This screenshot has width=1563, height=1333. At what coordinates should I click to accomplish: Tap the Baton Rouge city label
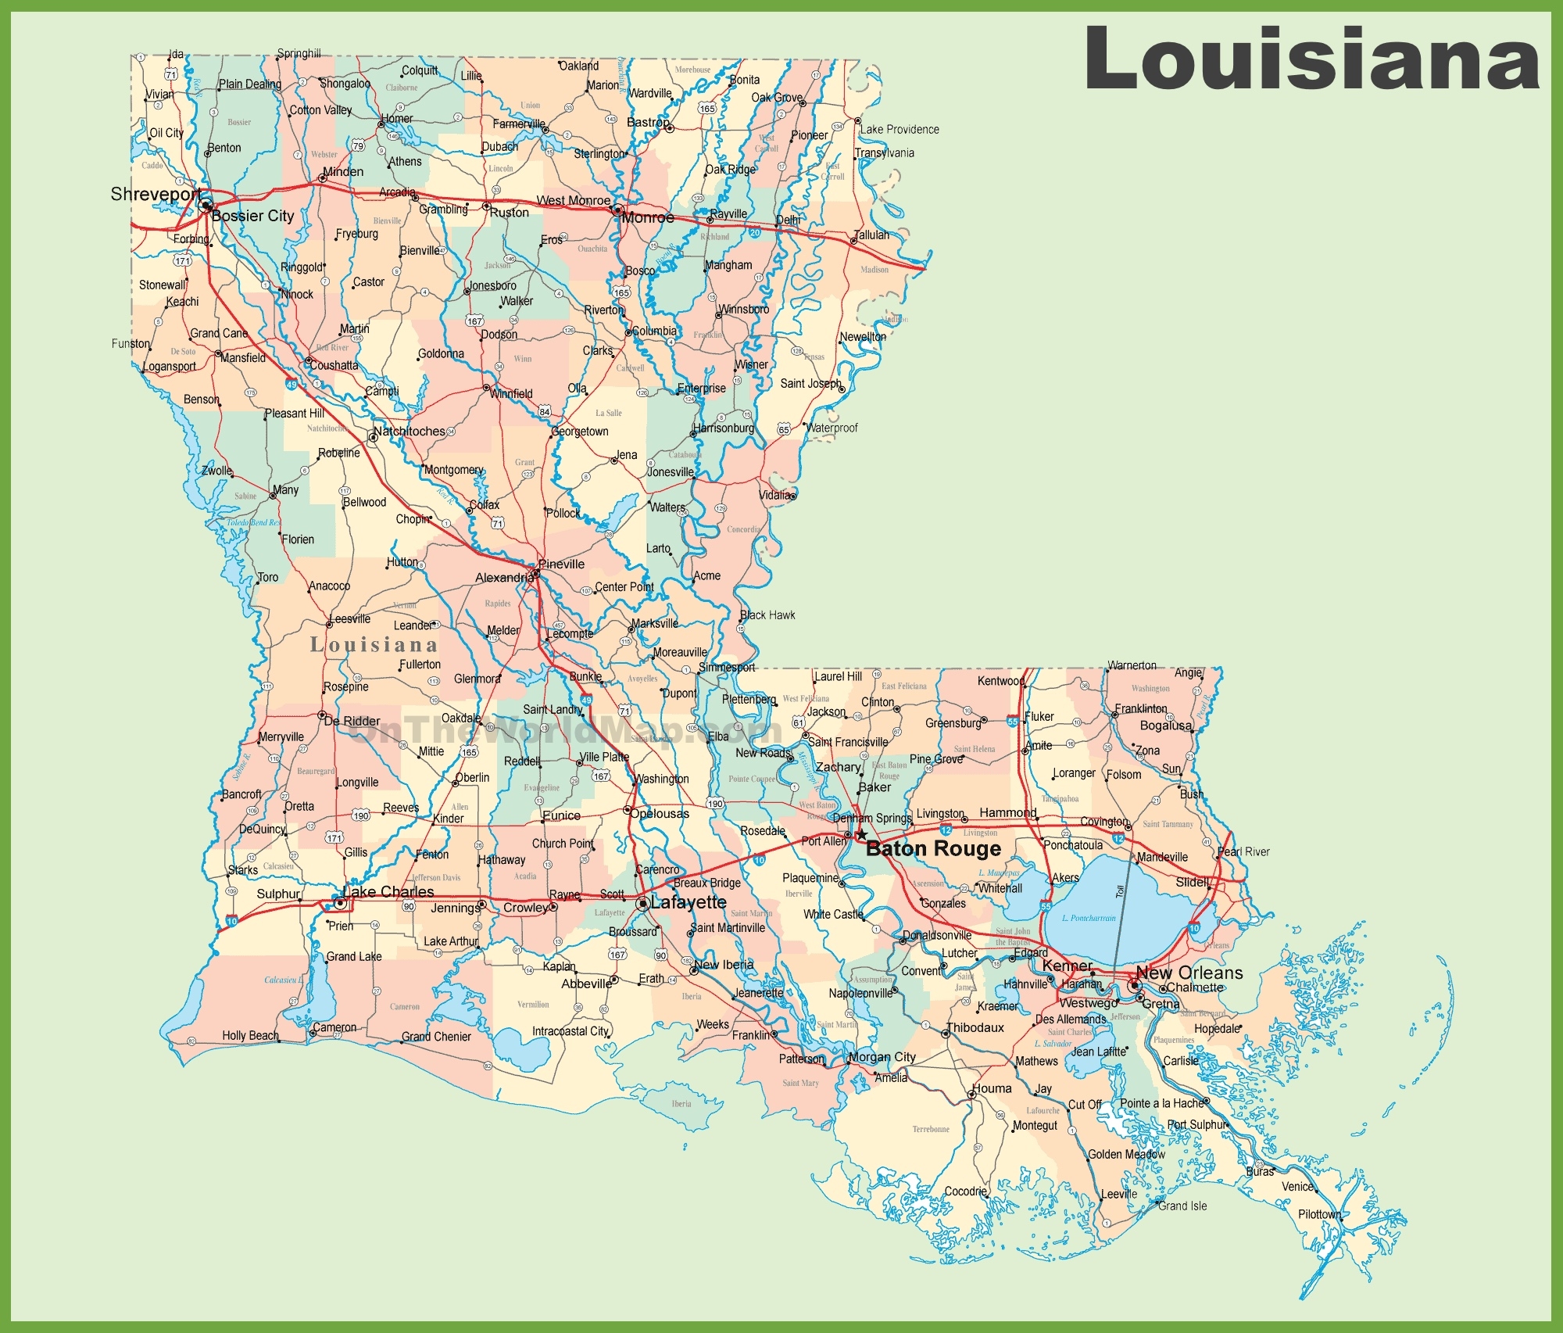click(933, 849)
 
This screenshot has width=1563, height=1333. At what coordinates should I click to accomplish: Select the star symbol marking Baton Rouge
click(861, 835)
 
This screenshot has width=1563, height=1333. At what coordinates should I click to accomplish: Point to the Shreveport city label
click(156, 194)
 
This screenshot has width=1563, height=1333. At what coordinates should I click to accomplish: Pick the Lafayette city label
click(689, 902)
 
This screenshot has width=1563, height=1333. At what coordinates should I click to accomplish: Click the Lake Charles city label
click(388, 892)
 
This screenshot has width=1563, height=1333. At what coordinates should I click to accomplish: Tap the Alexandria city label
click(504, 578)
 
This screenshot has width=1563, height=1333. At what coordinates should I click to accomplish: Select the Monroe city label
click(647, 218)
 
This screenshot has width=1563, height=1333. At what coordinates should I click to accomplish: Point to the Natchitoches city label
click(409, 432)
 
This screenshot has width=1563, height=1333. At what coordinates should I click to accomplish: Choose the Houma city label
click(991, 1088)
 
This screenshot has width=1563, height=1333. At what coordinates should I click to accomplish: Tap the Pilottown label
click(1319, 1214)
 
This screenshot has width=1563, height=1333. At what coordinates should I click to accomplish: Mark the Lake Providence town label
click(900, 130)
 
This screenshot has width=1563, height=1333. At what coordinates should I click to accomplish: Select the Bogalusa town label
click(1165, 726)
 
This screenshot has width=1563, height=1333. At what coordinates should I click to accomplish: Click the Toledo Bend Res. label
click(253, 522)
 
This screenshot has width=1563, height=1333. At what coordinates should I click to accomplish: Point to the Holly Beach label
click(250, 1035)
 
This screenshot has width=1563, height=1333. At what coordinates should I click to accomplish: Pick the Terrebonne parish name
click(931, 1129)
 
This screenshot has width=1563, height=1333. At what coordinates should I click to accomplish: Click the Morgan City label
click(882, 1057)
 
